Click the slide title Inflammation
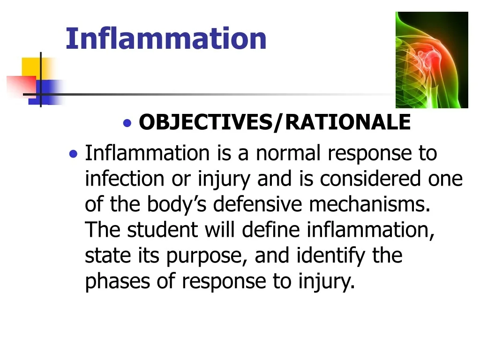click(166, 38)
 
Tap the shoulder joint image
click(432, 60)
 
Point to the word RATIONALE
click(347, 123)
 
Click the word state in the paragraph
click(104, 256)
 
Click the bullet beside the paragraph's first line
click(73, 154)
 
